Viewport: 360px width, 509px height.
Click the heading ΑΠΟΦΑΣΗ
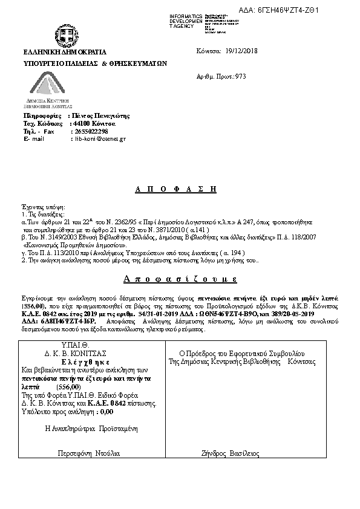[x=175, y=189]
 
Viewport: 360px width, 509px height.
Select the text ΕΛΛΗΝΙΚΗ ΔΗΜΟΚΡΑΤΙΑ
[x=65, y=52]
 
